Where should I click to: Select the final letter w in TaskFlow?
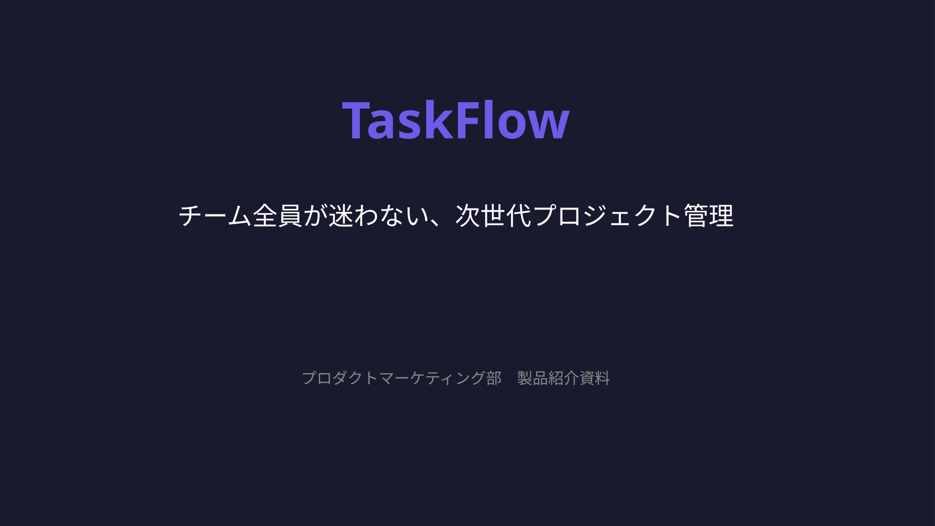[551, 124]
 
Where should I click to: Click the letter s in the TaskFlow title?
[408, 124]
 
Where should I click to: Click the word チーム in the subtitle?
[215, 216]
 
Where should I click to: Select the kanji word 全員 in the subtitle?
[278, 216]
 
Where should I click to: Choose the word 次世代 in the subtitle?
[493, 216]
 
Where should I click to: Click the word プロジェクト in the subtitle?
[607, 216]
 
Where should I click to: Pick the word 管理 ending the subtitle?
[709, 216]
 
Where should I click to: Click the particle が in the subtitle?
[316, 216]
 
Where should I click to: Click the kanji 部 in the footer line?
[494, 378]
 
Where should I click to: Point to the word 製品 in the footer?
[532, 378]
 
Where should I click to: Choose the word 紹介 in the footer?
[563, 378]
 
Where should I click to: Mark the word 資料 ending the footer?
[595, 378]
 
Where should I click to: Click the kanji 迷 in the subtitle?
[341, 216]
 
